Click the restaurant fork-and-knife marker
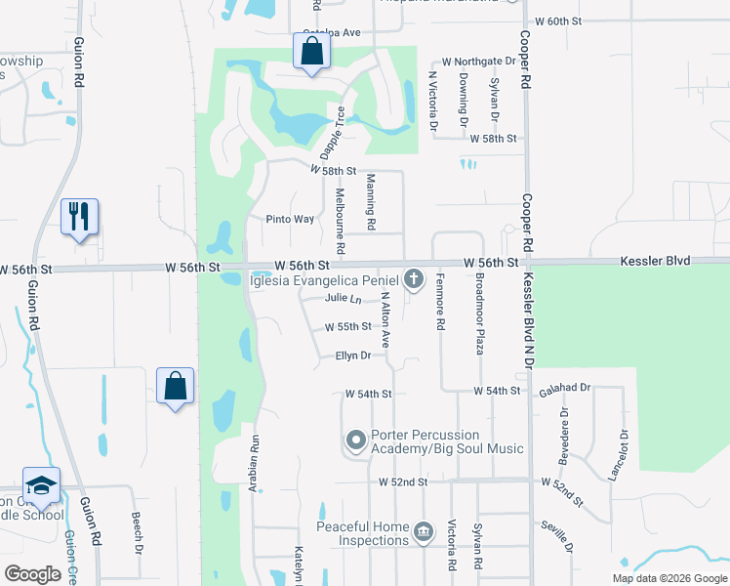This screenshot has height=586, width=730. pyautogui.click(x=79, y=217)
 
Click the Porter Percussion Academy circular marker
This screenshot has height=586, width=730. pyautogui.click(x=355, y=441)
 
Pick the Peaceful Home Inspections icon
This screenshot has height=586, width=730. pyautogui.click(x=423, y=532)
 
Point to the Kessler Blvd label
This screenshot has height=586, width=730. pyautogui.click(x=655, y=262)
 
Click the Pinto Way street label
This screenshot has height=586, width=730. pyautogui.click(x=290, y=220)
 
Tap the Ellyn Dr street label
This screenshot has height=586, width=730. pyautogui.click(x=352, y=356)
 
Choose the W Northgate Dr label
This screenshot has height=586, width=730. pyautogui.click(x=475, y=61)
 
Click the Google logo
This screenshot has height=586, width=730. pyautogui.click(x=32, y=574)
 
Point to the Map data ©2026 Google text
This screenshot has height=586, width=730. pyautogui.click(x=668, y=578)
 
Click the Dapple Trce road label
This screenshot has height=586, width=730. pyautogui.click(x=333, y=134)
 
